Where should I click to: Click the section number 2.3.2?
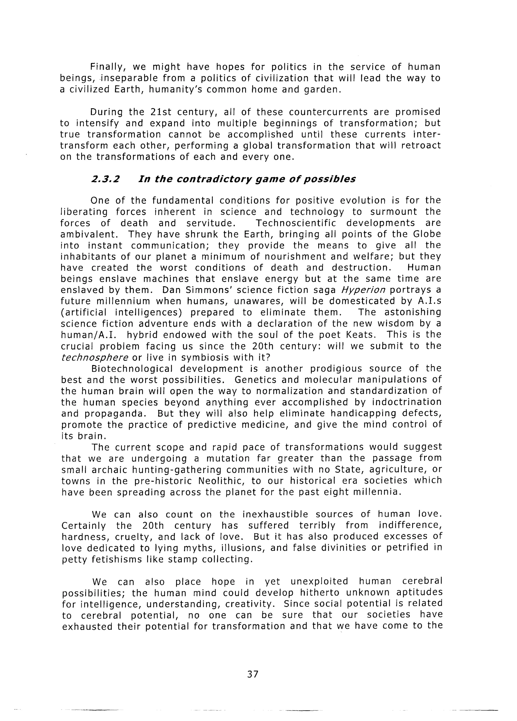tap(105, 179)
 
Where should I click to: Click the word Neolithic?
tap(218, 481)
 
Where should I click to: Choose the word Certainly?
tap(84, 526)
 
